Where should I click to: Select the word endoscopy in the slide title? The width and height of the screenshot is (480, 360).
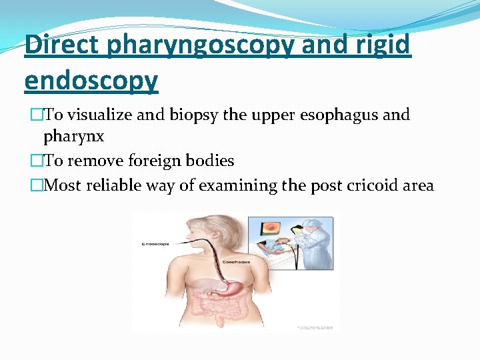[91, 81]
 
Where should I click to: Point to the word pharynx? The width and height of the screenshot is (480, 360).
[74, 137]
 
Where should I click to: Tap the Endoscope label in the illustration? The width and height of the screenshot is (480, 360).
[155, 245]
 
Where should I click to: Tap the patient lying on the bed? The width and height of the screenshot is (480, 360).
[269, 249]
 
